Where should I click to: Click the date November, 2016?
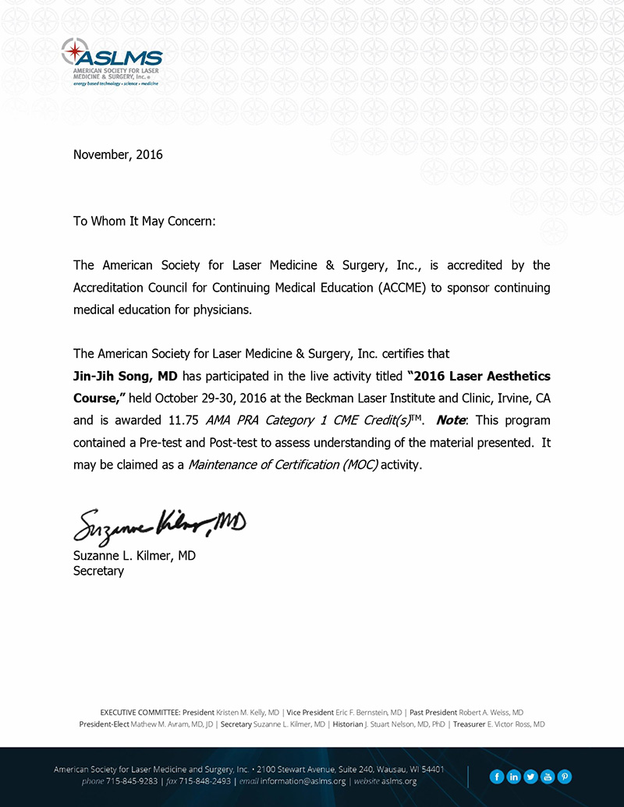pyautogui.click(x=118, y=154)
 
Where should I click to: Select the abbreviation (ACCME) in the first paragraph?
pyautogui.click(x=402, y=288)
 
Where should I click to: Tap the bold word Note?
pyautogui.click(x=450, y=420)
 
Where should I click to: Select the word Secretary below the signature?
pyautogui.click(x=98, y=570)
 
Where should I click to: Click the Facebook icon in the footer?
pyautogui.click(x=496, y=776)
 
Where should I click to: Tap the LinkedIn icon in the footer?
pyautogui.click(x=513, y=776)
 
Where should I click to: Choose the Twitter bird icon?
pyautogui.click(x=530, y=776)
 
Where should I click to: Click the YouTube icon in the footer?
pyautogui.click(x=548, y=776)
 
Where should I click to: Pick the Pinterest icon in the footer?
pyautogui.click(x=565, y=776)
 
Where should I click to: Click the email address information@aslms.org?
pyautogui.click(x=303, y=781)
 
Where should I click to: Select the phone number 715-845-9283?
pyautogui.click(x=131, y=781)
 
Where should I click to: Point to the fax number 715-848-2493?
pyautogui.click(x=204, y=781)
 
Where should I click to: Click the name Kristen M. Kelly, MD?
pyautogui.click(x=247, y=713)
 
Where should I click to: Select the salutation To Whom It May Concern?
pyautogui.click(x=144, y=221)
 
